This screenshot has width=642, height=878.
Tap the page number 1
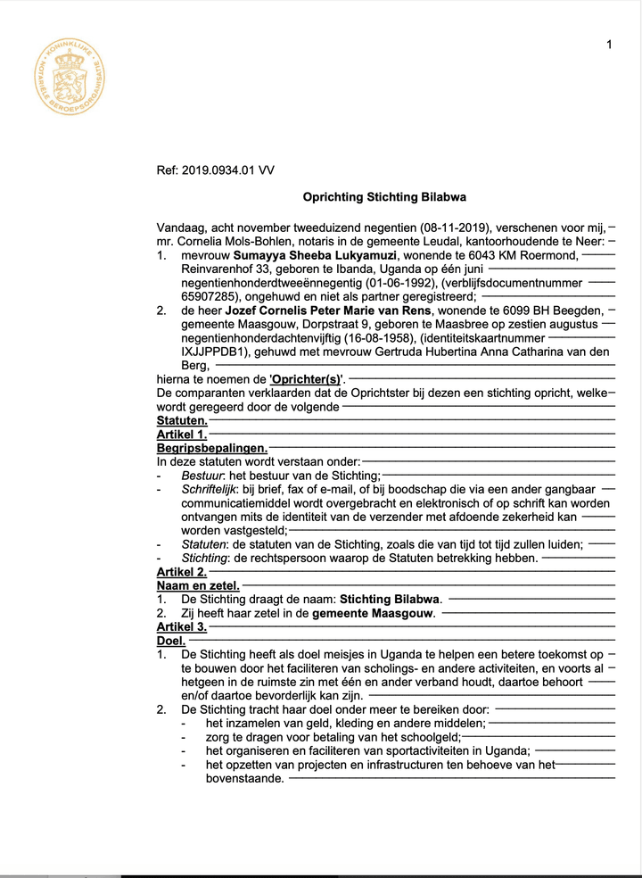(609, 45)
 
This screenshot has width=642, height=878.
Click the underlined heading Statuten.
(182, 420)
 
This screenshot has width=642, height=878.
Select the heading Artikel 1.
(182, 435)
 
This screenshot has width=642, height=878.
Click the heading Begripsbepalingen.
(212, 448)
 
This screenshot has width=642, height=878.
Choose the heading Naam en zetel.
(198, 585)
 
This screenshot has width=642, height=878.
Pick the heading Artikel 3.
(182, 627)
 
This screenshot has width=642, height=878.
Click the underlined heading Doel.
(171, 641)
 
